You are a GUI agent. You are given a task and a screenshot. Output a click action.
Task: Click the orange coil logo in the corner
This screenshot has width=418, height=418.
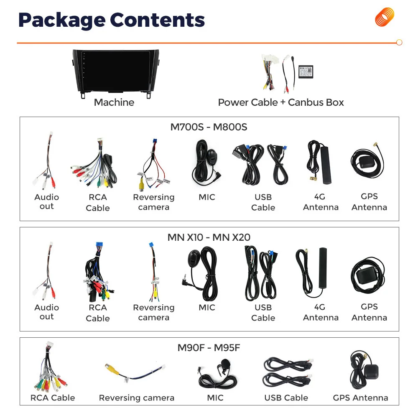(385, 17)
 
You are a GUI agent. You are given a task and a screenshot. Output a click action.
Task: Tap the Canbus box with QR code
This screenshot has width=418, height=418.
(306, 72)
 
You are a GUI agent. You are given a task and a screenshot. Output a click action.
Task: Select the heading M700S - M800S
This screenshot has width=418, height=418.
(209, 127)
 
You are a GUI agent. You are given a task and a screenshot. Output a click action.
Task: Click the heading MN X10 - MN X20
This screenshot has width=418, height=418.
(209, 237)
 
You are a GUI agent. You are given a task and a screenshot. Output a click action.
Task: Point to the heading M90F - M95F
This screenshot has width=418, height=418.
(209, 348)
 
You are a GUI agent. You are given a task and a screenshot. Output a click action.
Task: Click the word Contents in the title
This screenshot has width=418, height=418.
(157, 20)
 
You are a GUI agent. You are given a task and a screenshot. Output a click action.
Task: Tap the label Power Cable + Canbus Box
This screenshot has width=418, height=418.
(281, 102)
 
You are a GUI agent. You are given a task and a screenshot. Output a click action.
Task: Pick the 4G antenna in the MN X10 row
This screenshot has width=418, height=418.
(311, 272)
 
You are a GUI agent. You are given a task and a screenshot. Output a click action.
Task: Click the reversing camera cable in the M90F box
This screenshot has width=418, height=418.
(135, 371)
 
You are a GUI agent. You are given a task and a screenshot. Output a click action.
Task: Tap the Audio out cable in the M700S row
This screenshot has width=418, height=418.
(46, 161)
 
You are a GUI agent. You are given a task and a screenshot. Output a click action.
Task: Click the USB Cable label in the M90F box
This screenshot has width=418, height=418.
(286, 398)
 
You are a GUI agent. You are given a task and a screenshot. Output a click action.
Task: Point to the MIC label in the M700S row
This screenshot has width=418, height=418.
(207, 197)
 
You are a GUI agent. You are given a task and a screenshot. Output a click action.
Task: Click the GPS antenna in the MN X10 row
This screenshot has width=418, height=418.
(368, 276)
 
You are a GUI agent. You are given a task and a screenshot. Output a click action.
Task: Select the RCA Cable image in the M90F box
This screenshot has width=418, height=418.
(50, 367)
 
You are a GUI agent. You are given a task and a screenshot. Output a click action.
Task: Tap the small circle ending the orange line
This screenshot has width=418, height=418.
(399, 42)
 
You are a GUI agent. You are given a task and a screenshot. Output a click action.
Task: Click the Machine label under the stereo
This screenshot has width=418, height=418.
(114, 102)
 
